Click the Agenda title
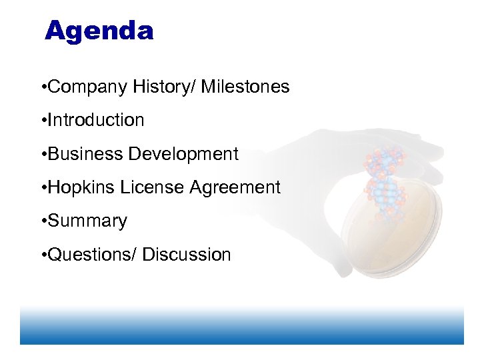pos(99,31)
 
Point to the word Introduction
pos(96,121)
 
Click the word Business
pos(85,154)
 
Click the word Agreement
pos(235,188)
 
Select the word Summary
pos(87,221)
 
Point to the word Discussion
pos(187,255)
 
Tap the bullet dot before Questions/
pos(43,255)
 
